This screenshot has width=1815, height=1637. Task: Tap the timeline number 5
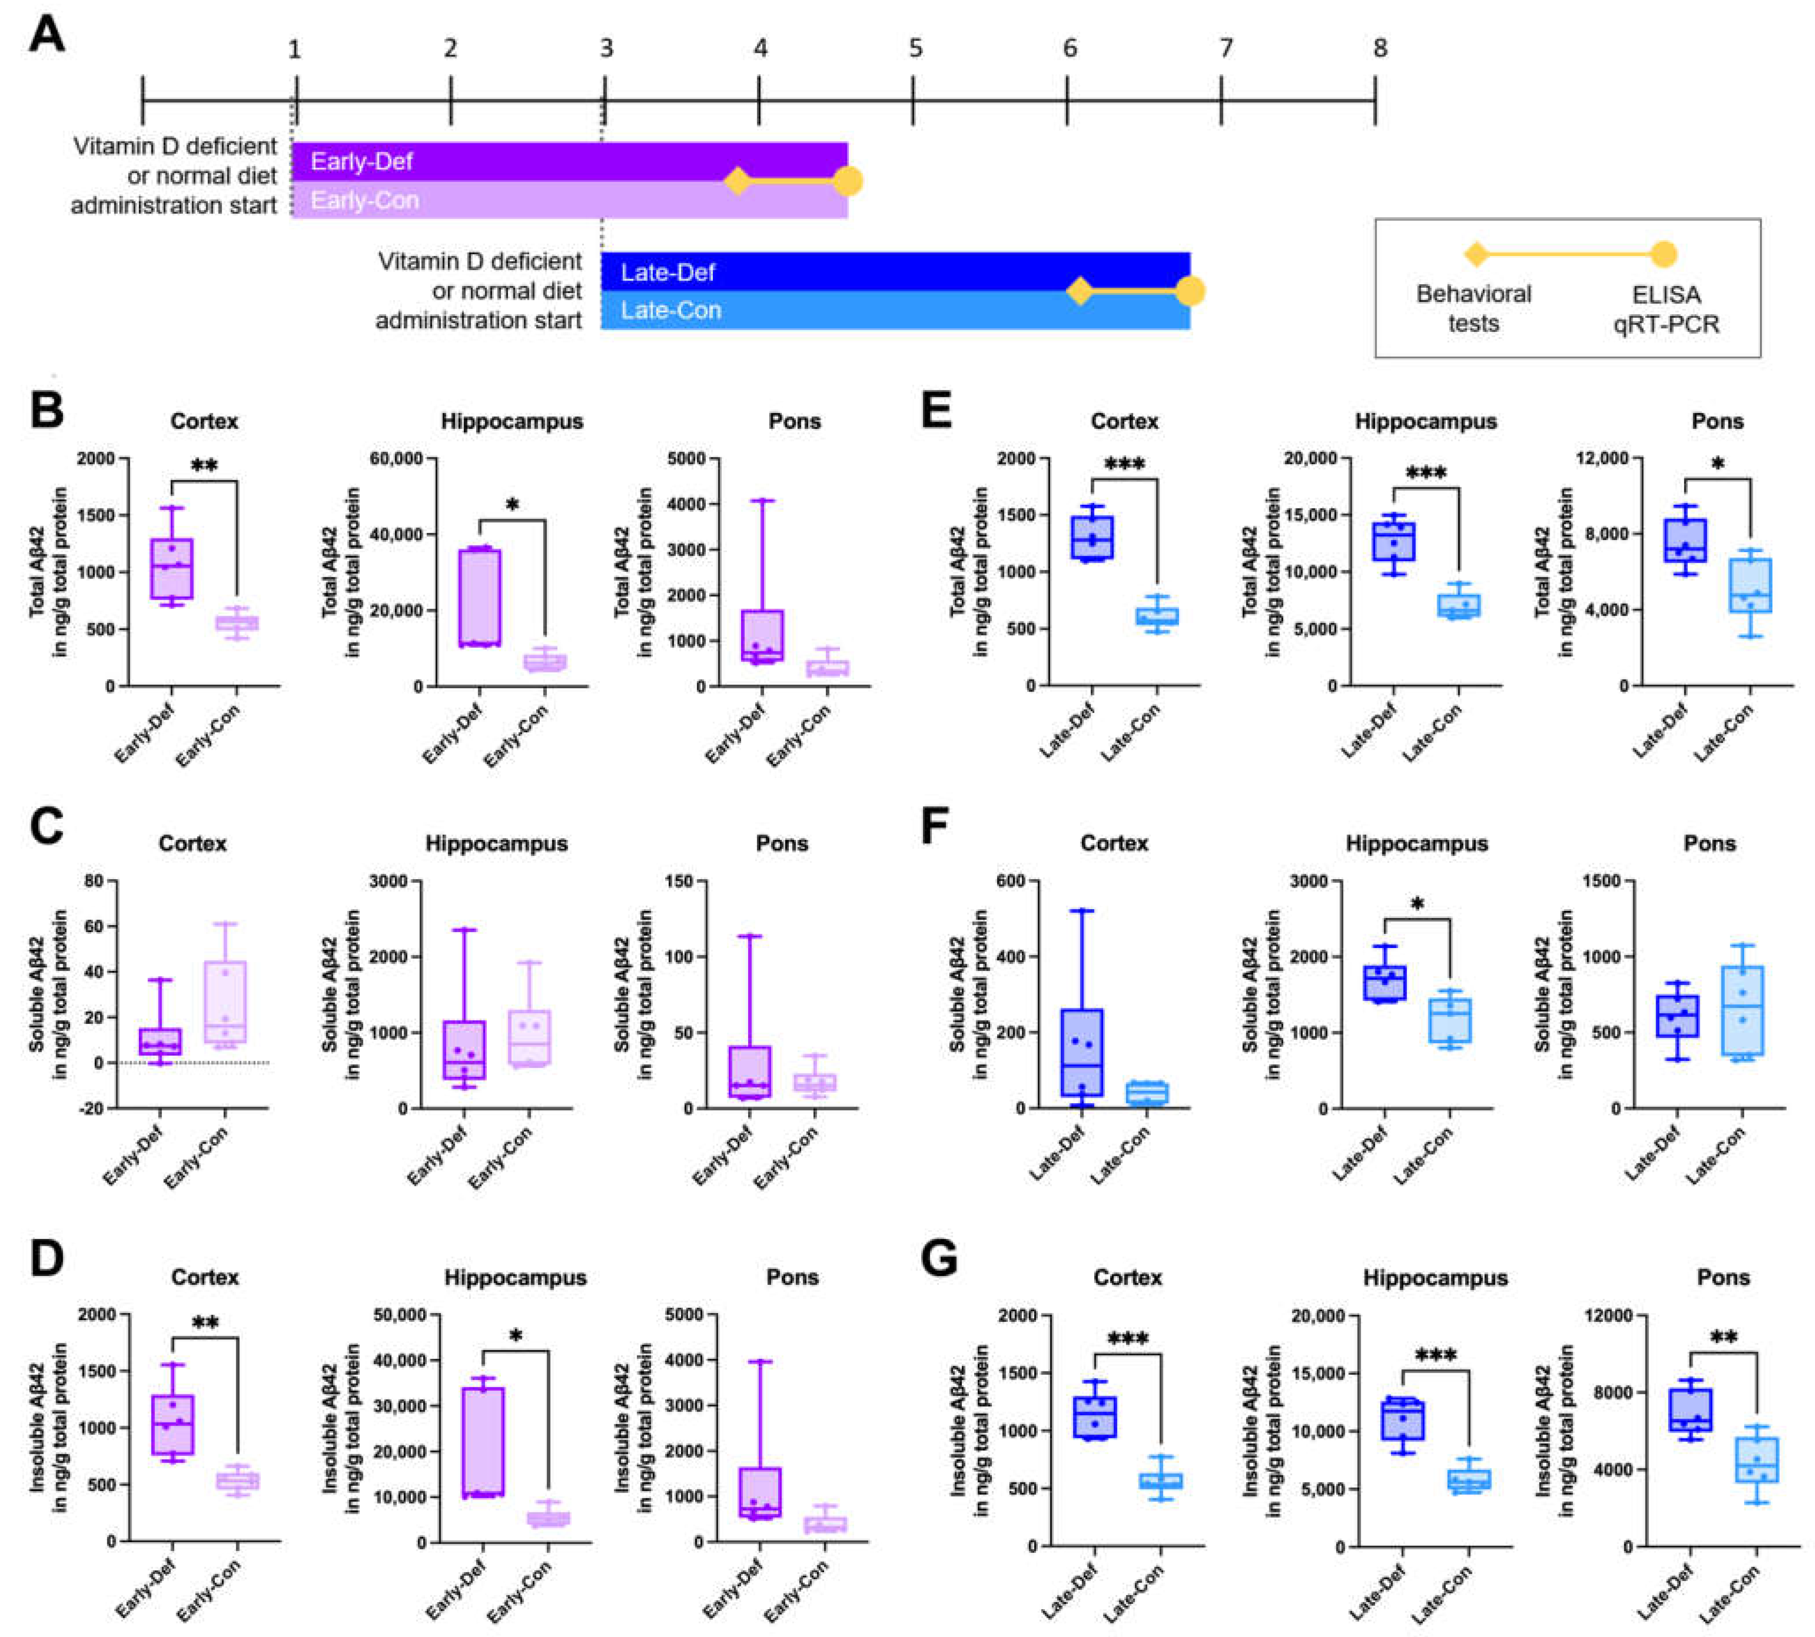915,48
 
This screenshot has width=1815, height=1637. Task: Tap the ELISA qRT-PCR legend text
1666,309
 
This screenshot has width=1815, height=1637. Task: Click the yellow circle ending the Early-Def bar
847,181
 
